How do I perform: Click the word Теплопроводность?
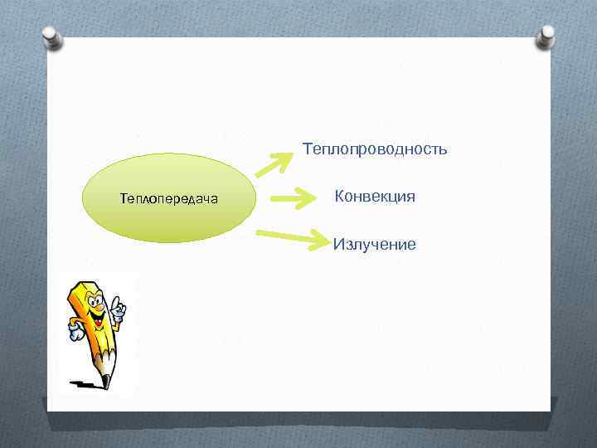coord(375,149)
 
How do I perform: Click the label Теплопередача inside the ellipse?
coord(169,198)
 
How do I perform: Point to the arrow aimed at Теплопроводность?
coord(271,163)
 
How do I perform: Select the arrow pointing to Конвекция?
coord(289,199)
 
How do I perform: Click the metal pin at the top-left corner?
coord(52,38)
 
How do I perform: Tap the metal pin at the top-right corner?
coord(546,36)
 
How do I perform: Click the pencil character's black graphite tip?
coord(105,382)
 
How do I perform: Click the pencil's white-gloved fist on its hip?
coord(76,334)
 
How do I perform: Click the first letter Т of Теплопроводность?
coord(308,149)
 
